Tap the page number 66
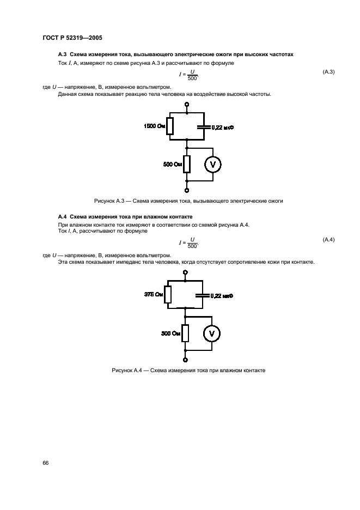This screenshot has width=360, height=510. click(x=46, y=463)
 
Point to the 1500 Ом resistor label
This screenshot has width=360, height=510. click(x=154, y=126)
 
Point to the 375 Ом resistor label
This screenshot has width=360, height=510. click(x=154, y=295)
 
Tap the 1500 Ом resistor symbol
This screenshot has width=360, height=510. click(x=170, y=126)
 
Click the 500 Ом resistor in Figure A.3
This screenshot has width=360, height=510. click(x=187, y=163)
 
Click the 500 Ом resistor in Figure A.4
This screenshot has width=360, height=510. click(x=186, y=332)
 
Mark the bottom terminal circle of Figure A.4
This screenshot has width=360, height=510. click(x=186, y=360)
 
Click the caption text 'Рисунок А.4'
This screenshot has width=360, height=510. click(x=126, y=370)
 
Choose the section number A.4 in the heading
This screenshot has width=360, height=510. click(x=62, y=216)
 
